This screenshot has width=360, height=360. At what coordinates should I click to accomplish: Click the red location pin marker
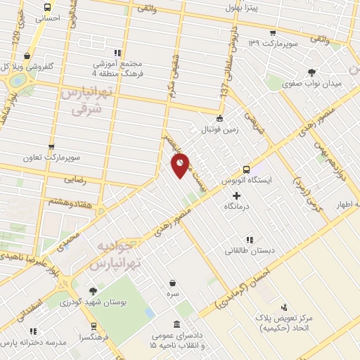180,166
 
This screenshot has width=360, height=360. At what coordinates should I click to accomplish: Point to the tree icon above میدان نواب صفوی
311,72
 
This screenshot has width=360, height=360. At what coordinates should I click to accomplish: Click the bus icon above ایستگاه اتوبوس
246,169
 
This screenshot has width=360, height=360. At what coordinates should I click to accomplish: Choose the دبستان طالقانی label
250,250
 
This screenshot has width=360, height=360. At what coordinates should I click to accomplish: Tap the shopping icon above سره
172,283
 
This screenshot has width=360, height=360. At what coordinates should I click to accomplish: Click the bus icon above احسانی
47,8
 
